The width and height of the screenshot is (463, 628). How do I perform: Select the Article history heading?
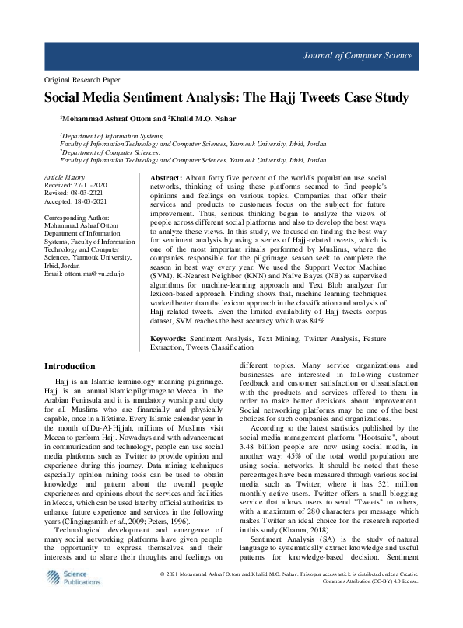[x=65, y=178]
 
